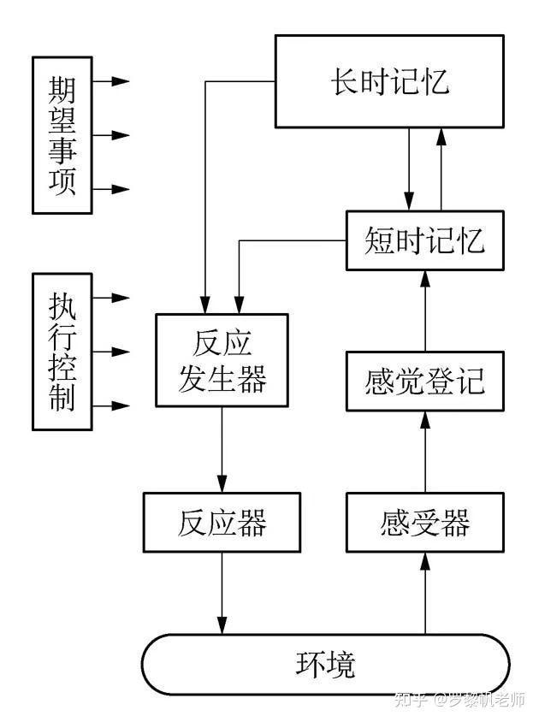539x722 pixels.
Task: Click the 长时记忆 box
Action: [389, 82]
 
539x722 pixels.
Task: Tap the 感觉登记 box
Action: [424, 379]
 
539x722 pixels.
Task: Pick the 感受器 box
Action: [424, 521]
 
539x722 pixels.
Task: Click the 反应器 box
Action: [222, 522]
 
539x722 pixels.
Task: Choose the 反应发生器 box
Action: [222, 359]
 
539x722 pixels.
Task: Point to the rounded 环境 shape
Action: [325, 664]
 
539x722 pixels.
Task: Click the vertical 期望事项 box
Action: [62, 135]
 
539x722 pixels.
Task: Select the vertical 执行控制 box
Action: [62, 351]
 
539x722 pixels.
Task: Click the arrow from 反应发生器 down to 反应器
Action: [222, 449]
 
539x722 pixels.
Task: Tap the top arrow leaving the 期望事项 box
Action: [111, 81]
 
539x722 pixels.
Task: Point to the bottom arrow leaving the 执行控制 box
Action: [111, 405]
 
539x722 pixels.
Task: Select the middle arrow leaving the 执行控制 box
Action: [111, 351]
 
